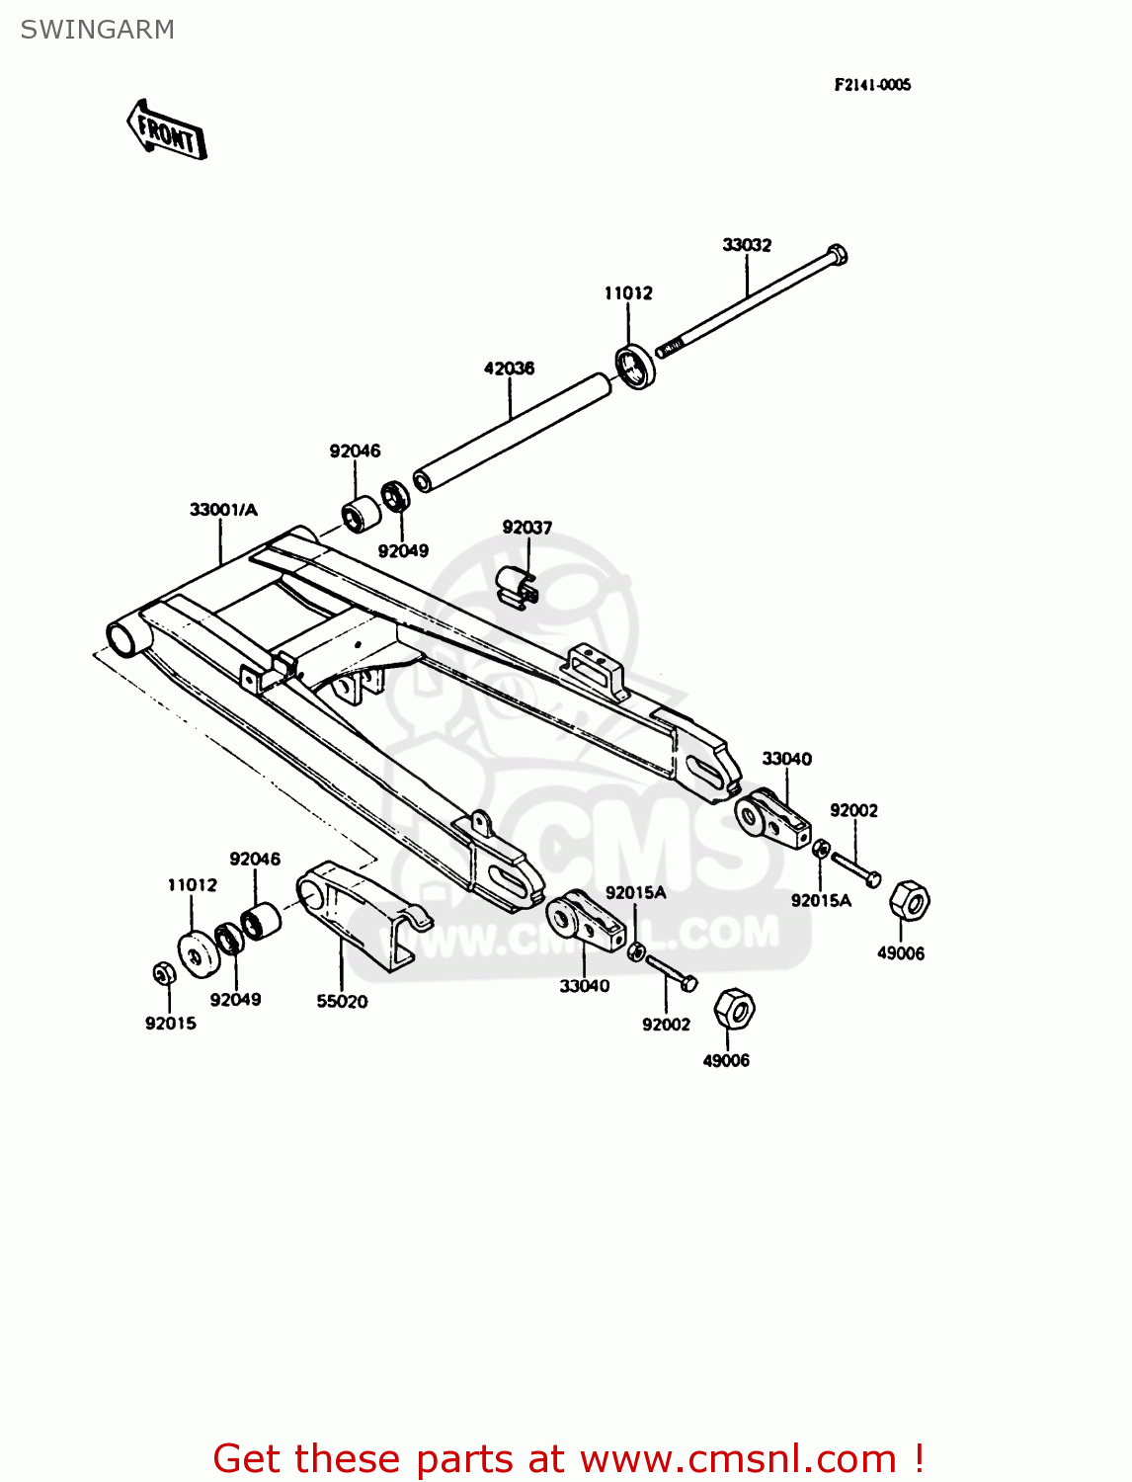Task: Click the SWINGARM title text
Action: pos(97,30)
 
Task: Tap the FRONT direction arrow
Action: pos(167,131)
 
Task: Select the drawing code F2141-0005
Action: pos(872,85)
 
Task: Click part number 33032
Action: pos(747,244)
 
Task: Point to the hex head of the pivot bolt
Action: pos(836,255)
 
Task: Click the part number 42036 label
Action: pos(509,369)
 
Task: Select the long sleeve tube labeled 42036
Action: pos(512,431)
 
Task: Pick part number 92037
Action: pos(527,528)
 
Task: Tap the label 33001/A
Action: pos(223,510)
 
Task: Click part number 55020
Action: pos(342,1001)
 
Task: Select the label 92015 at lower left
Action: pos(171,1024)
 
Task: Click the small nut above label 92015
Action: pos(164,973)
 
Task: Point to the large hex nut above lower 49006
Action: pos(733,1008)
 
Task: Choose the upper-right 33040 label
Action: pos(786,759)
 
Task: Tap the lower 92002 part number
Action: pos(666,1025)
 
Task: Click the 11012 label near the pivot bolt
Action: pos(628,293)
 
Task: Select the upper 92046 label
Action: pos(355,452)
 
